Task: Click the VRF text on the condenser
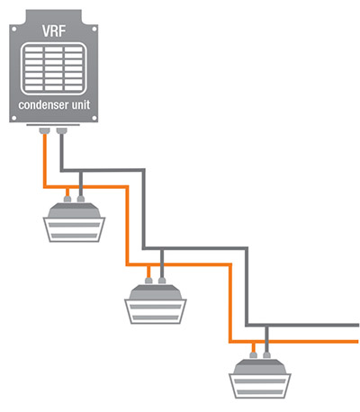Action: tap(54, 31)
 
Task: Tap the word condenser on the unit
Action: tap(43, 105)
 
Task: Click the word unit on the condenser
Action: tap(81, 104)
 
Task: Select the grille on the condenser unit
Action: tap(54, 68)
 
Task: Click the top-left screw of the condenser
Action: tap(13, 29)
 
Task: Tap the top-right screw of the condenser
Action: tap(94, 29)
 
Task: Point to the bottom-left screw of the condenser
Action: tap(13, 118)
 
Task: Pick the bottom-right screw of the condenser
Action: tap(94, 118)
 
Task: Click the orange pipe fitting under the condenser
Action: tap(45, 130)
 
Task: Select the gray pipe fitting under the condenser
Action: tap(62, 130)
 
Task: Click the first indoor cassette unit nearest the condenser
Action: tap(74, 222)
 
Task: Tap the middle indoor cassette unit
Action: tap(156, 304)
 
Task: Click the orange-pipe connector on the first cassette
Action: tap(67, 199)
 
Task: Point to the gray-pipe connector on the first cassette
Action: tap(81, 199)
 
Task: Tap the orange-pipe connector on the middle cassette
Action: tap(148, 281)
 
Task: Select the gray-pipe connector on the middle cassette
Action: tap(162, 281)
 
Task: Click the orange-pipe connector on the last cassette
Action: tap(254, 355)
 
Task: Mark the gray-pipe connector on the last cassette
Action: tap(266, 355)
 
